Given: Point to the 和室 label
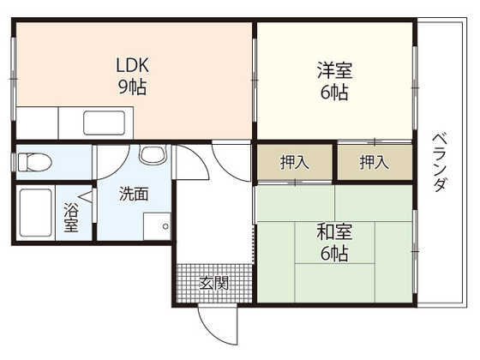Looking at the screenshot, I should tap(334, 232).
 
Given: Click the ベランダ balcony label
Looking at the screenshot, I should tap(439, 162).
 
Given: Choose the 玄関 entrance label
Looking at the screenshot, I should tap(214, 281).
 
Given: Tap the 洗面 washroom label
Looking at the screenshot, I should tap(134, 194).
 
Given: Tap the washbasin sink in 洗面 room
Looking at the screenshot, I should tap(153, 156).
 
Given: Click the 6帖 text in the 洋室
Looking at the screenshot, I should tap(334, 93).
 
